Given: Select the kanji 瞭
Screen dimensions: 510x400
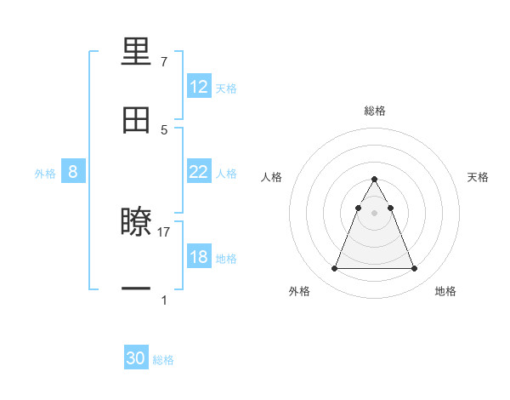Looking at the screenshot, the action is tap(136, 222).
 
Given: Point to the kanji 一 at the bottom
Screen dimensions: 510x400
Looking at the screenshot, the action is tap(136, 289).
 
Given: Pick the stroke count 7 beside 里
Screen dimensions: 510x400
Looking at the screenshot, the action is tap(164, 62).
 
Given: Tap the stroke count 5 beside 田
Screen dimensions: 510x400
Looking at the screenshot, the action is tap(164, 129).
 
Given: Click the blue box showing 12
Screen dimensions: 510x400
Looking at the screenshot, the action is tap(199, 87).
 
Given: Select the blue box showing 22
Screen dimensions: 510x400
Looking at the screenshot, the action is tap(199, 172).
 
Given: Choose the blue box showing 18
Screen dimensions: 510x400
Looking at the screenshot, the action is tap(199, 257).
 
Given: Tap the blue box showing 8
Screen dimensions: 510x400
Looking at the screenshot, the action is tap(73, 172).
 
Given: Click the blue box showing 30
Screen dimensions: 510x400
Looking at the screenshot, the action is tap(136, 359).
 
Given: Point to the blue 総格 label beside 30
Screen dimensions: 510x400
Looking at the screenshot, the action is tap(164, 360).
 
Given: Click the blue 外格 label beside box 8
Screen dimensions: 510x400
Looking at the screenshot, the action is tap(45, 174).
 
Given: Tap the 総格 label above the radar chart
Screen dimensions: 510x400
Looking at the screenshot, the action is tap(375, 111).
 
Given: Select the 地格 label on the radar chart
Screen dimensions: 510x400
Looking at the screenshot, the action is tap(445, 291).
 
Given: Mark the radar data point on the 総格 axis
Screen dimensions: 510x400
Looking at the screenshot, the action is tap(375, 180).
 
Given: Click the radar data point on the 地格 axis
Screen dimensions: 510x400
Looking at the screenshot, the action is tap(415, 269).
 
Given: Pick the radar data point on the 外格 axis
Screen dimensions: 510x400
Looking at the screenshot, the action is tap(335, 269).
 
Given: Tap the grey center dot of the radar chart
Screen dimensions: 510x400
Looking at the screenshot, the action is tap(375, 212).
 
